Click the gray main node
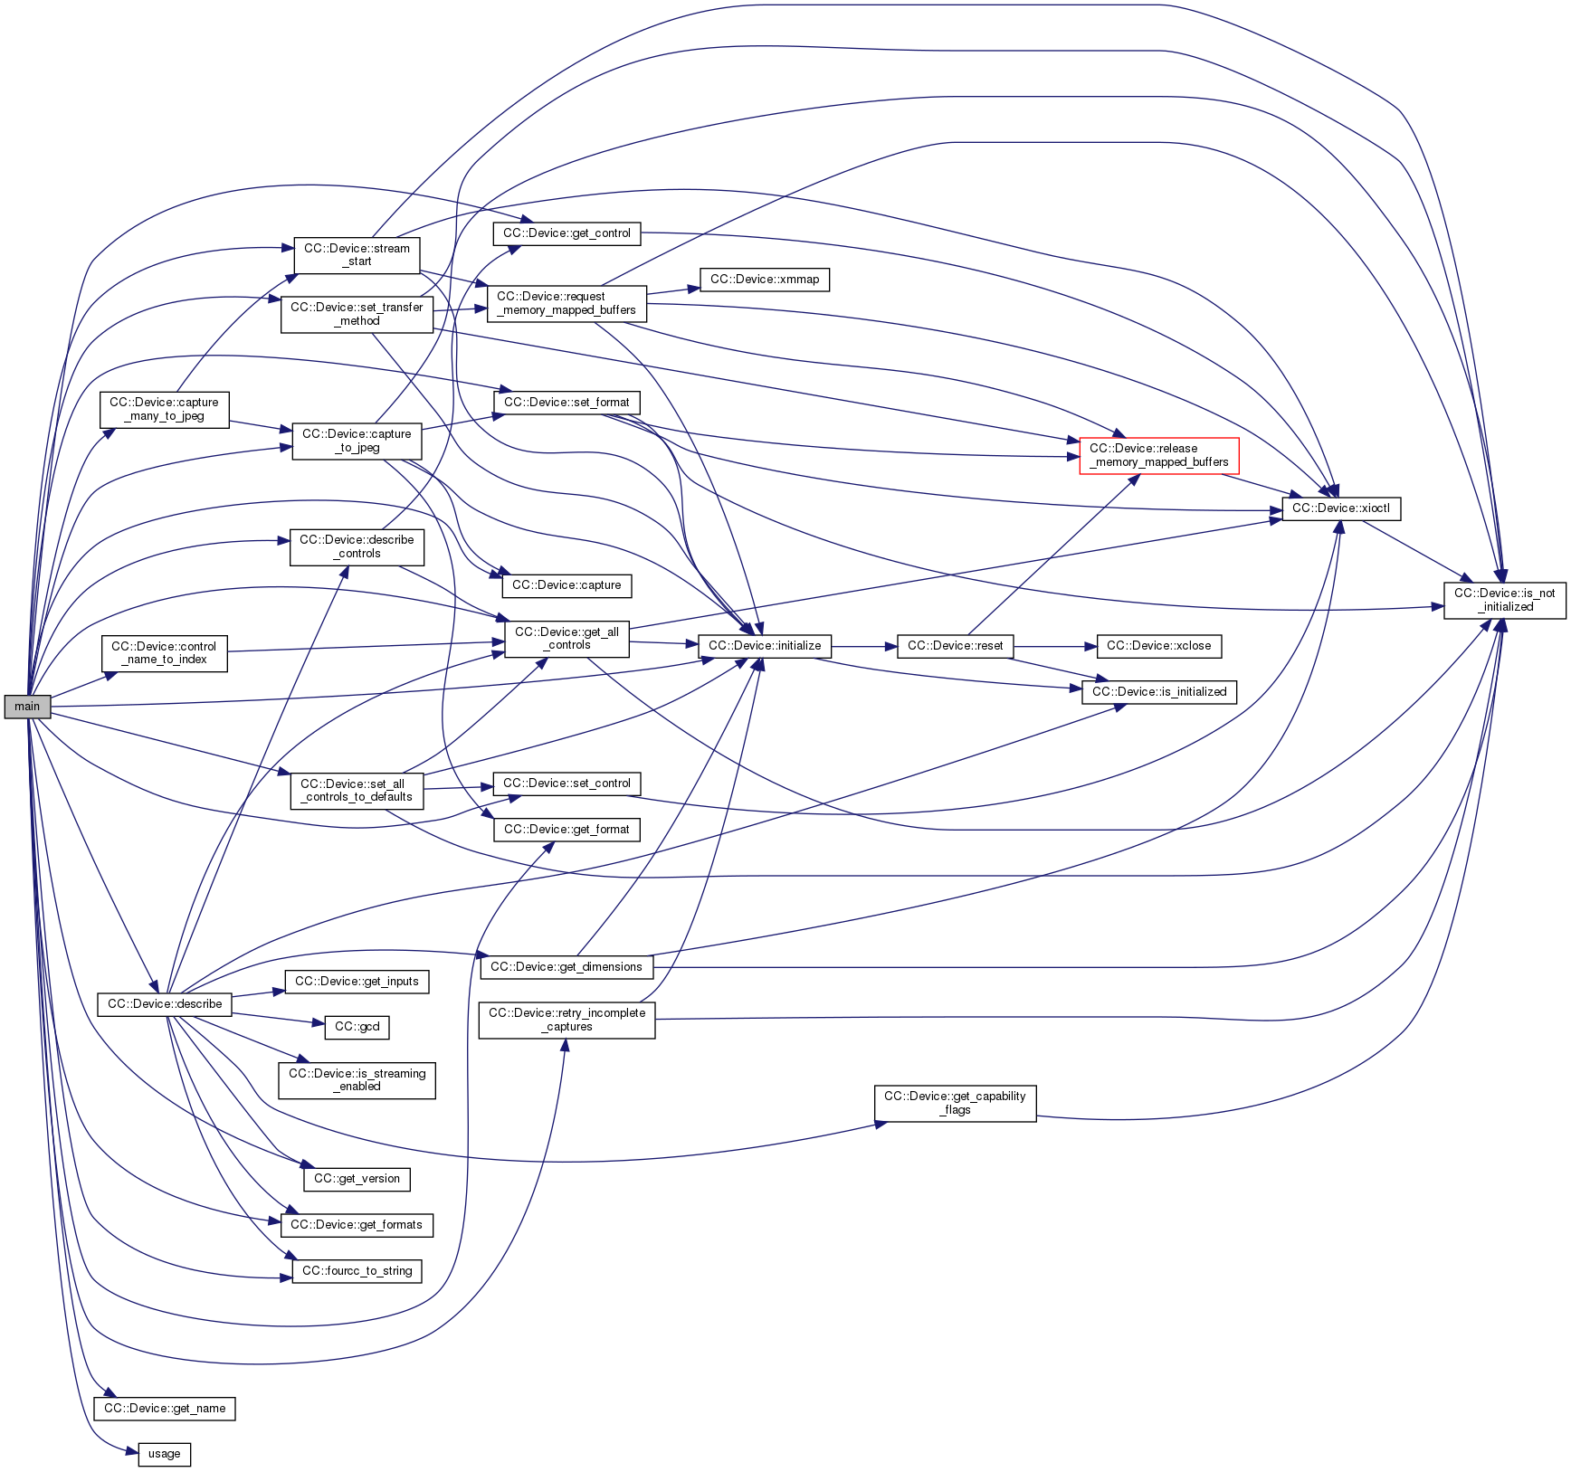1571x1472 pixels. (27, 707)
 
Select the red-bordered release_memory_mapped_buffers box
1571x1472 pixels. (1158, 455)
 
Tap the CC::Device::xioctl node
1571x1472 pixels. (1340, 508)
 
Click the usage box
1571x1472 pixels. (164, 1454)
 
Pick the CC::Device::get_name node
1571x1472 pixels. (164, 1409)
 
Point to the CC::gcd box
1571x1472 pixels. (357, 1027)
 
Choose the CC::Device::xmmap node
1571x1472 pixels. (764, 280)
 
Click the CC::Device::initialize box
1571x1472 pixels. (764, 646)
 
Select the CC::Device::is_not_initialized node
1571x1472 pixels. (1504, 600)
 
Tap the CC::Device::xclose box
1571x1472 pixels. (1158, 646)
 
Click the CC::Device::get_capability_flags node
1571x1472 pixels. (955, 1103)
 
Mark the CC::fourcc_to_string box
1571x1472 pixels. (357, 1271)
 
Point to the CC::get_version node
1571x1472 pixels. (357, 1179)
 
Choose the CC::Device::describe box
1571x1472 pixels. (164, 1004)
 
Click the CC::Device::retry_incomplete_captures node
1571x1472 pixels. (567, 1020)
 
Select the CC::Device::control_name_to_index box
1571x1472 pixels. (164, 652)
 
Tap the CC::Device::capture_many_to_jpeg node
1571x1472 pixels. (164, 409)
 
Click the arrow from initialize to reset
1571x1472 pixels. (863, 647)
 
